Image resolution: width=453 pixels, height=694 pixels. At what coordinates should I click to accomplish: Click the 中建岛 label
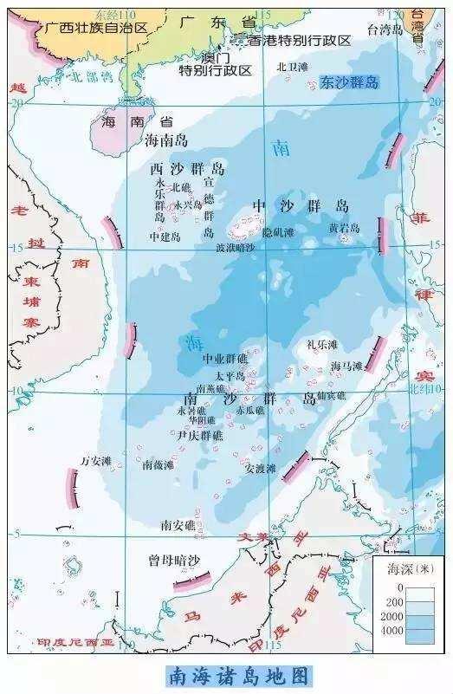(165, 236)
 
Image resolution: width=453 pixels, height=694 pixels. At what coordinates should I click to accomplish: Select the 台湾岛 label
(385, 29)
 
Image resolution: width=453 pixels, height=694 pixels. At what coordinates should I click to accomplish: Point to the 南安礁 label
(178, 524)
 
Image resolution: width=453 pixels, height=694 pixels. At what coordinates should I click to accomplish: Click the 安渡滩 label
(260, 469)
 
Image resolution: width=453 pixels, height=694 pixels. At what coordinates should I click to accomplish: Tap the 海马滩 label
(346, 366)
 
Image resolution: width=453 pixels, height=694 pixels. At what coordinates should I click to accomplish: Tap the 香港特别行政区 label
(299, 41)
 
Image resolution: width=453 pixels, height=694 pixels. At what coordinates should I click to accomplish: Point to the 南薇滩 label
(158, 464)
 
